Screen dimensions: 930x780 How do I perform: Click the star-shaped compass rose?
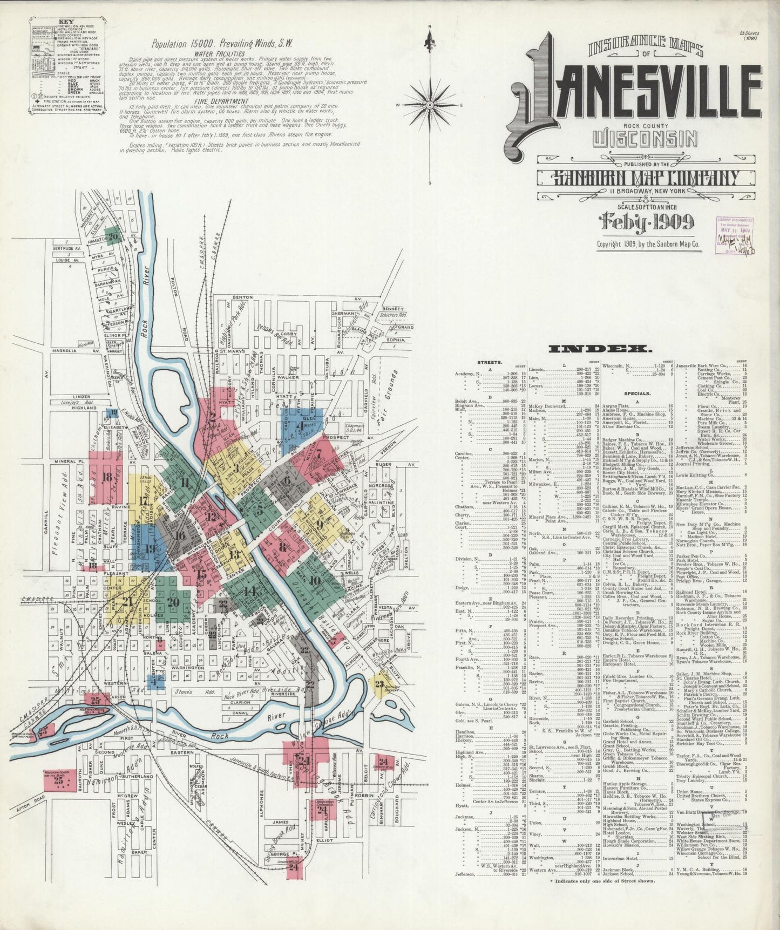430,104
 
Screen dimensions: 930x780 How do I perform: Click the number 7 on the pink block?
319,453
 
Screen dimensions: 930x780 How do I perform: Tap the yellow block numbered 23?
379,684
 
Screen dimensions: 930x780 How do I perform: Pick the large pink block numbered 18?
107,477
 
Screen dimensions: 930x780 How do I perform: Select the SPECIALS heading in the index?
637,394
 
